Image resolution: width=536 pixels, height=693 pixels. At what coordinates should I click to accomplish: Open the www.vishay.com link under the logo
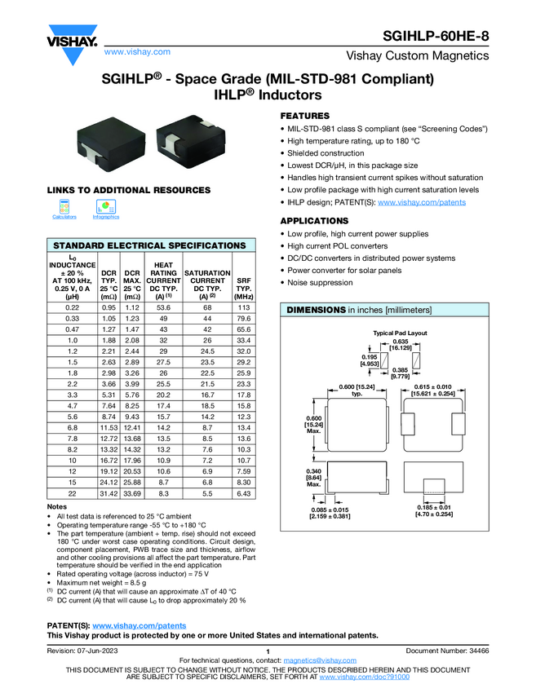(137, 51)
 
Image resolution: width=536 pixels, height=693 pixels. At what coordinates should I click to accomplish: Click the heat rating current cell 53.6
(163, 307)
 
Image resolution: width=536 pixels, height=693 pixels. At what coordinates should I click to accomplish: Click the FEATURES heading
(305, 116)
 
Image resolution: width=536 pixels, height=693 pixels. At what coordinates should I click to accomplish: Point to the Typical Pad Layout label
(401, 333)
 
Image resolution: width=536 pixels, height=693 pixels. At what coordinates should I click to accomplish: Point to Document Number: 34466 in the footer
(447, 650)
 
